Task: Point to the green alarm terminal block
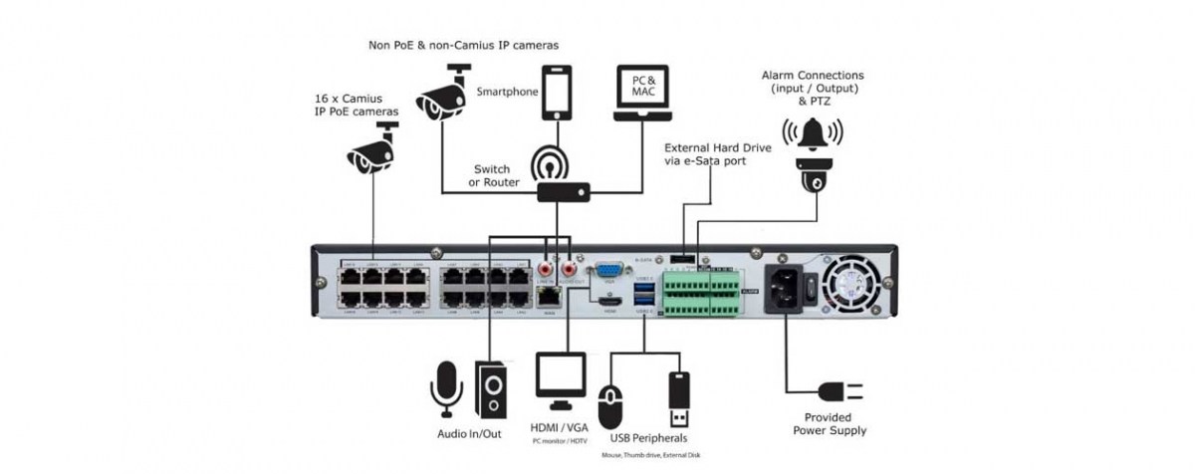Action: pos(701,293)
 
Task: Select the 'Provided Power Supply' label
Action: pos(830,424)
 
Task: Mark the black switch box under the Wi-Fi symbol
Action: pos(563,192)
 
